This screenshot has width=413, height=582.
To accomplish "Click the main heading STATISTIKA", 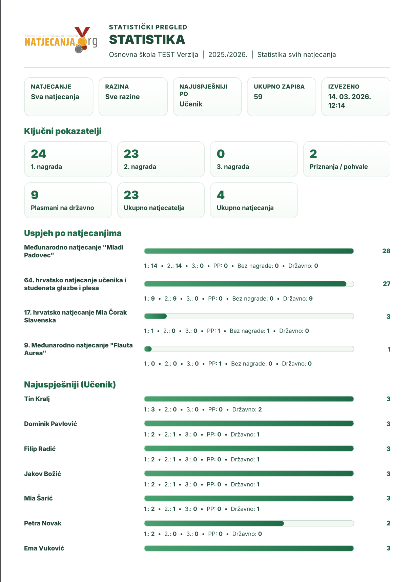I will pyautogui.click(x=147, y=40).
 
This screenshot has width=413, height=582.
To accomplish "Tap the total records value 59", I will pyautogui.click(x=258, y=97).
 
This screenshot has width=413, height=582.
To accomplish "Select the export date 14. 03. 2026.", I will pyautogui.click(x=349, y=97).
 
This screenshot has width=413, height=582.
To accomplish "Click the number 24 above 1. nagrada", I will pyautogui.click(x=38, y=154).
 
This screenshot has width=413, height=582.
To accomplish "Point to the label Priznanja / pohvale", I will pyautogui.click(x=338, y=167).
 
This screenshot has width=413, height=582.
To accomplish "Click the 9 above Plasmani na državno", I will pyautogui.click(x=35, y=195).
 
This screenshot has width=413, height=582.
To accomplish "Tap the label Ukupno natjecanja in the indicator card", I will pyautogui.click(x=245, y=208).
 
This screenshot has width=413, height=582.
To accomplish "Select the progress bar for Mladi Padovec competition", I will pyautogui.click(x=249, y=251).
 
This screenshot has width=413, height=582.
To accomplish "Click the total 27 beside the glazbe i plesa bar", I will pyautogui.click(x=386, y=284).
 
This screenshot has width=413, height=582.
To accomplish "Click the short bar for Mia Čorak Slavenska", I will pyautogui.click(x=156, y=316).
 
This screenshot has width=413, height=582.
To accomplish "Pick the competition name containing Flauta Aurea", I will pyautogui.click(x=78, y=349).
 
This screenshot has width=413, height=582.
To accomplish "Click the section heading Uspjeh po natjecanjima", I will pyautogui.click(x=73, y=233).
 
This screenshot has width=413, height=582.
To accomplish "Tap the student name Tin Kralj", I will pyautogui.click(x=37, y=399).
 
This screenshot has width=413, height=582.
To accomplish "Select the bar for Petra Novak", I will pyautogui.click(x=214, y=523).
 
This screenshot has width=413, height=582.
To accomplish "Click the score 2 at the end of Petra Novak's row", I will pyautogui.click(x=388, y=523).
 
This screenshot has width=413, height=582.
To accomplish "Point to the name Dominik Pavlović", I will pyautogui.click(x=50, y=424).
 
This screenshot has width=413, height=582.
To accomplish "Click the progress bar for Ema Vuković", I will pyautogui.click(x=249, y=548).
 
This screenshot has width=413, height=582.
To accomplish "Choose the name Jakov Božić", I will pyautogui.click(x=43, y=474).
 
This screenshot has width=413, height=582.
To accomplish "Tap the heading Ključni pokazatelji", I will pyautogui.click(x=63, y=131).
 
